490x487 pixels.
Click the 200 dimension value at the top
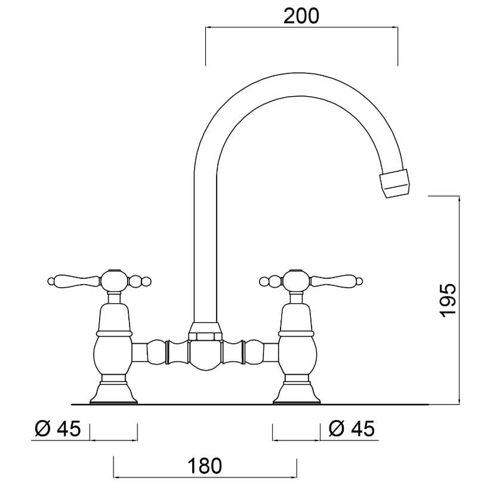301,16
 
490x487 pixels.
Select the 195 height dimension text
448,301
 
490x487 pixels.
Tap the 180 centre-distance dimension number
204,466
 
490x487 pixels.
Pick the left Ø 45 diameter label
58,429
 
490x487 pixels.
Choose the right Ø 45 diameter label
352,429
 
